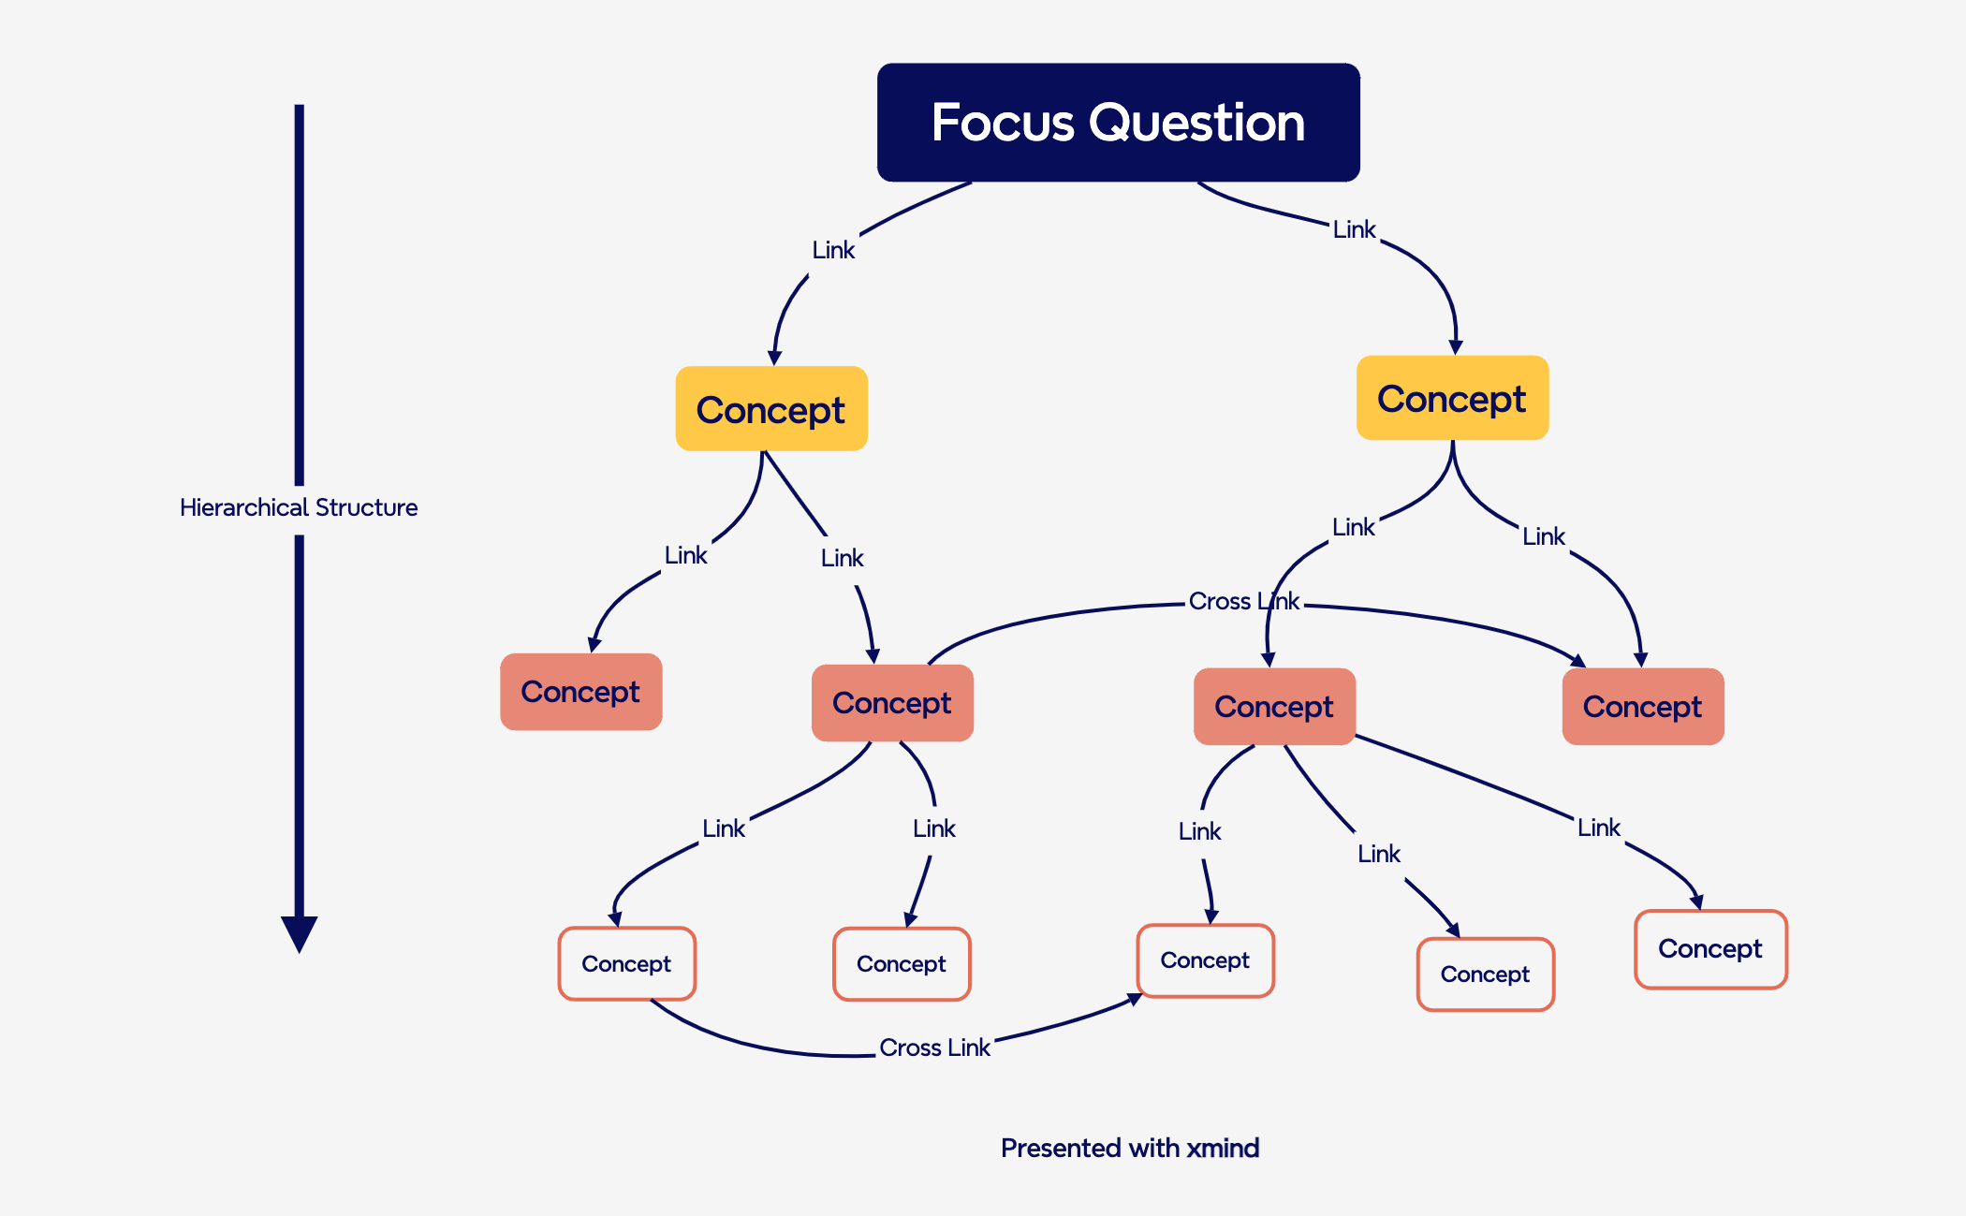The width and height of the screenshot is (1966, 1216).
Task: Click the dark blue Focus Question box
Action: point(1118,122)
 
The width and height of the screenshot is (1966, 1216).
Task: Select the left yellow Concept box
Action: point(770,409)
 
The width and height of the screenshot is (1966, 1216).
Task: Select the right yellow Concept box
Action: point(1451,398)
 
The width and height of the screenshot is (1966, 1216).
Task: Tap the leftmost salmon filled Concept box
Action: point(580,692)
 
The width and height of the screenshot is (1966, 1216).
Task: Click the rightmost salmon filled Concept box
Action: point(1642,707)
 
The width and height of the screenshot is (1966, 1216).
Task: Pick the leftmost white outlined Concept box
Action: point(626,963)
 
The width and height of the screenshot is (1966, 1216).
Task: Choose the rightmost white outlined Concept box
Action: point(1709,948)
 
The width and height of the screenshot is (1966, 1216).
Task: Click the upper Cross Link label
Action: point(1243,601)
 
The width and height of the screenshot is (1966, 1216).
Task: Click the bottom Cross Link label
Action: point(934,1048)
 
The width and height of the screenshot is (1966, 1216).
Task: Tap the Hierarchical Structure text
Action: point(299,507)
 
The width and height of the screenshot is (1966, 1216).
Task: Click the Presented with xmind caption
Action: point(1129,1148)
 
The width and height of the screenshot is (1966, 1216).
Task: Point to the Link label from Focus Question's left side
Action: point(833,250)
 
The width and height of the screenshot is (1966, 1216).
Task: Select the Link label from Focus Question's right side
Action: point(1354,229)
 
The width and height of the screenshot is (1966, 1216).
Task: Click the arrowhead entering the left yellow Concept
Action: point(774,358)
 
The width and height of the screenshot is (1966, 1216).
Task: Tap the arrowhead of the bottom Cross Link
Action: point(1135,1000)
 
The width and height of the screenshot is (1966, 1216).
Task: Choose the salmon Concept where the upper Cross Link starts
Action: point(891,703)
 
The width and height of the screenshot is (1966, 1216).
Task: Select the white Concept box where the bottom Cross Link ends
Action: point(1205,960)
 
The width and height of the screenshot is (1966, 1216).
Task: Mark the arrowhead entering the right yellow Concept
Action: point(1455,347)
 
